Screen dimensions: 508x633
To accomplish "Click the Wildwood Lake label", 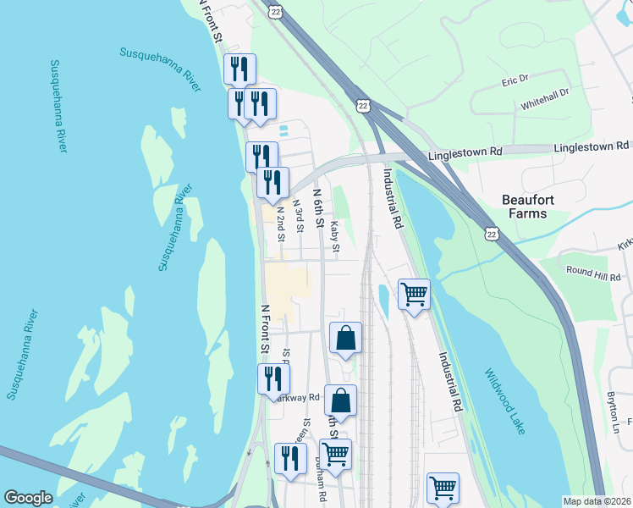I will (505, 401).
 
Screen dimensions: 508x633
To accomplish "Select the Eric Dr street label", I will (515, 80).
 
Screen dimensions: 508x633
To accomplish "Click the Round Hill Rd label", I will (594, 273).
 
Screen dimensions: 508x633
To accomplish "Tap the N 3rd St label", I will (298, 215).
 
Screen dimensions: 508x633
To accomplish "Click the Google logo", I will (28, 498).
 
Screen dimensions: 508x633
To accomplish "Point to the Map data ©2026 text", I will (597, 501).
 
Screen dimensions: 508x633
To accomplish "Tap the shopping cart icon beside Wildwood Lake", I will (414, 295).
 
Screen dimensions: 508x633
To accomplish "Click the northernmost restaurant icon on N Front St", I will (239, 69).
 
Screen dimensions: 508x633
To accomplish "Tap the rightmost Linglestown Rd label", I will (592, 147).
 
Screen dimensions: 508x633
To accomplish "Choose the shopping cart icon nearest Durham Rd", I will (336, 454).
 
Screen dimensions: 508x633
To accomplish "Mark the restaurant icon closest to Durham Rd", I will (290, 458).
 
